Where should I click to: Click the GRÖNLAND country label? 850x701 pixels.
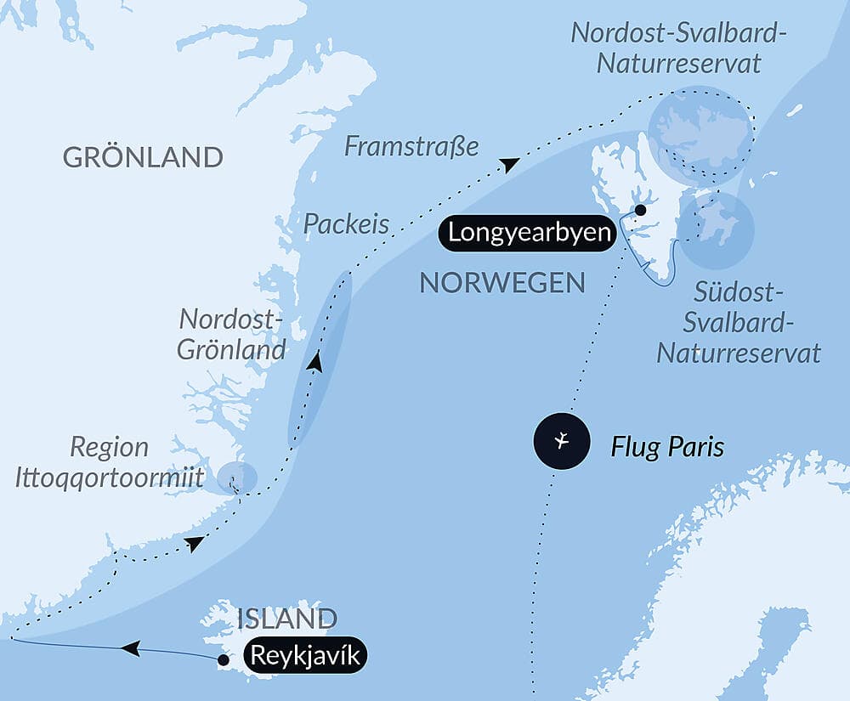point(143,157)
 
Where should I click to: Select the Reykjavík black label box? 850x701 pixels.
point(305,656)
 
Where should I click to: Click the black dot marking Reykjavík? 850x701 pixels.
point(223,659)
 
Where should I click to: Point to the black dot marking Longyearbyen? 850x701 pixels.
point(640,210)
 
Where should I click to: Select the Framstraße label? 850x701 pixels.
point(411,146)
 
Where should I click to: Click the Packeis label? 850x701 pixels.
point(346,224)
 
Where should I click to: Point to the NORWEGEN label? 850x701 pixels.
point(502,283)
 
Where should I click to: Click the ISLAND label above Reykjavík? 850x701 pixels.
point(286,619)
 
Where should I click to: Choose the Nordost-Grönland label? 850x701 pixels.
point(231,335)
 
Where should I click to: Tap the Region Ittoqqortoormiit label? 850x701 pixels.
point(109,462)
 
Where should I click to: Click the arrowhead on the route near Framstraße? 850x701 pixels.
point(508,164)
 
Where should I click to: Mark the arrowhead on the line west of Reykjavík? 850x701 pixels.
point(130,649)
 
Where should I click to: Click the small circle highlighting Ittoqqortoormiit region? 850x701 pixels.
point(236,478)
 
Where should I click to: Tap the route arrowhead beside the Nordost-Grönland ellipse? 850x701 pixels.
point(315,363)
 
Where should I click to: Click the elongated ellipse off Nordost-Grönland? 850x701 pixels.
point(321,357)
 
